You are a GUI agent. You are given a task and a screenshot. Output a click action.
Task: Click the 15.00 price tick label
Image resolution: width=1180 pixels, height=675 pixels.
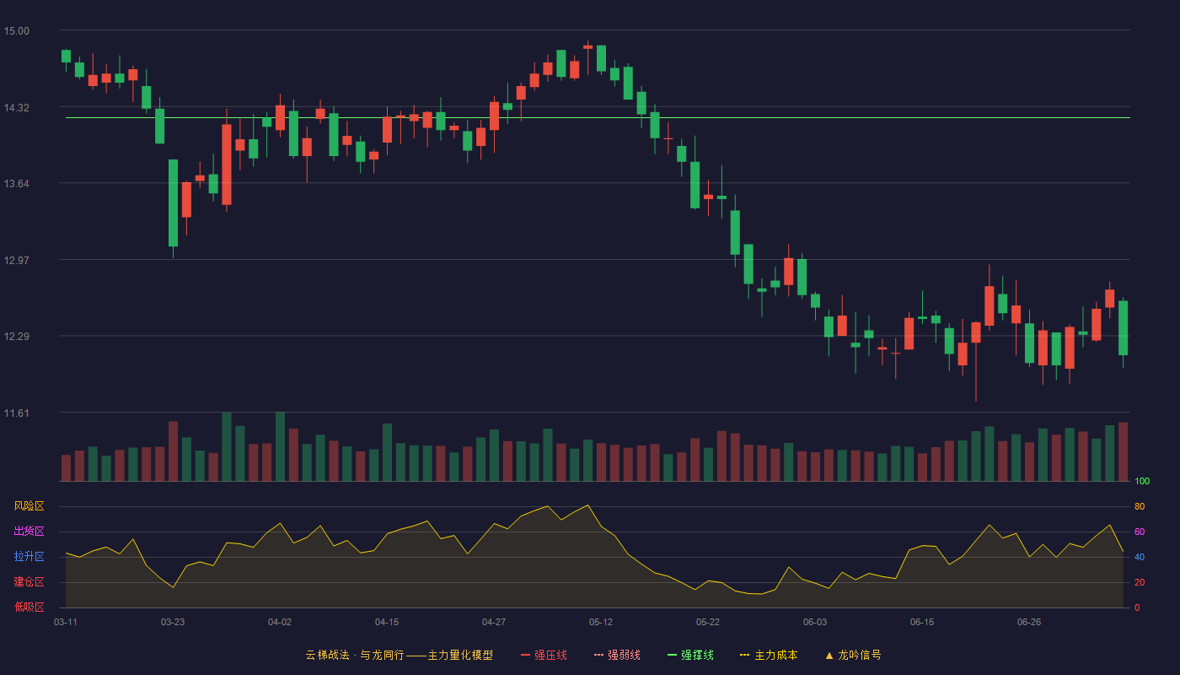16,31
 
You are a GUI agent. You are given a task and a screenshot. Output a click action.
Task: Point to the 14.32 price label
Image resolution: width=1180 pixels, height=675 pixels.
16,108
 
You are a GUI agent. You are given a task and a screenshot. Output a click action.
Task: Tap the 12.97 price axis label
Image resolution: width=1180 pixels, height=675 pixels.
16,261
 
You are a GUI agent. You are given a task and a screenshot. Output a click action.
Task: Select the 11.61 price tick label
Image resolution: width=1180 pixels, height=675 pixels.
16,413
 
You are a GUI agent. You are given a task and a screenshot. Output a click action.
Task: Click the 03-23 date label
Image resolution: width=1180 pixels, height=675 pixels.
173,623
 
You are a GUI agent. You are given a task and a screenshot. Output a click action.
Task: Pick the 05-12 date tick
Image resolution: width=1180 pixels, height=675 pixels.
601,623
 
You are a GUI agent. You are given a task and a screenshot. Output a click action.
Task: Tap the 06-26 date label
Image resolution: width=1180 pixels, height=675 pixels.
1029,623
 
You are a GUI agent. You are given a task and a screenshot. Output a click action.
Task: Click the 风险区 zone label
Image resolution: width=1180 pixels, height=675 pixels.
29,506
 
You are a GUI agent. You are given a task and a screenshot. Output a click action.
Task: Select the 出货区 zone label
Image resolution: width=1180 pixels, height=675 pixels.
29,531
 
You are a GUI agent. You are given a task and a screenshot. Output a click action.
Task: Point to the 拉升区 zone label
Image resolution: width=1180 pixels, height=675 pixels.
29,556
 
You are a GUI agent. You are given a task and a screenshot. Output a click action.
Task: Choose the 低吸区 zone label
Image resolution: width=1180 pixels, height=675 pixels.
29,607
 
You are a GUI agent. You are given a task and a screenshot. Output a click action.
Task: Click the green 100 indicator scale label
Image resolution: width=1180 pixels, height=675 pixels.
1142,481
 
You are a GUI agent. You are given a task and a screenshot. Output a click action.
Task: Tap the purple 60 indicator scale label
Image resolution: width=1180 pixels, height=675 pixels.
1140,532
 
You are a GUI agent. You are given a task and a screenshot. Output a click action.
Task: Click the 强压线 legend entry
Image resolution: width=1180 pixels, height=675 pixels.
544,655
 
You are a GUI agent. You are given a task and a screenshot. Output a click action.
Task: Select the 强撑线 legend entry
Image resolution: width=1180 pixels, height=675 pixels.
690,655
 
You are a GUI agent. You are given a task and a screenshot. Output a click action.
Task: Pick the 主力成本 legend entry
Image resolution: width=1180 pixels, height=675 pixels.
769,655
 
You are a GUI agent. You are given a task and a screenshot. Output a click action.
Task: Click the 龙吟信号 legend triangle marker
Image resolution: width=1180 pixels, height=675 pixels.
829,656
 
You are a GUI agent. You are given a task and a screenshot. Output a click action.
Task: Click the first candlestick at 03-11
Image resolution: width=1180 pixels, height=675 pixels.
66,57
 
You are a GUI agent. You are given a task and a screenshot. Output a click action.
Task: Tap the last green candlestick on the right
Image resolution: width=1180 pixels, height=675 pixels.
1123,328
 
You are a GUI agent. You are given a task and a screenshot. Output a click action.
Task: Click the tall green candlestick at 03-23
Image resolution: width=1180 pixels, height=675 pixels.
174,203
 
